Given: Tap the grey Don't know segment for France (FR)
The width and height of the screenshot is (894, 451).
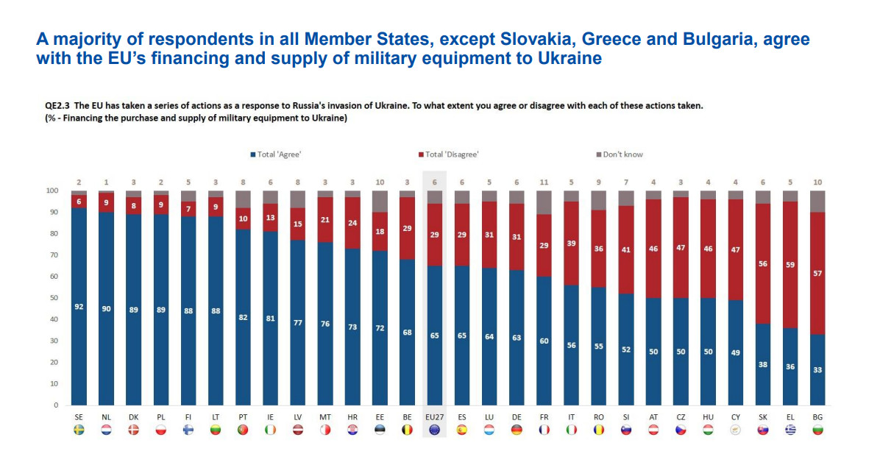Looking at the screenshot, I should pyautogui.click(x=544, y=202).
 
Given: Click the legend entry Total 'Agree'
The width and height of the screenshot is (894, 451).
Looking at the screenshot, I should pyautogui.click(x=276, y=155).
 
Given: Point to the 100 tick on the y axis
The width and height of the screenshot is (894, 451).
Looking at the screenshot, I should pyautogui.click(x=52, y=191).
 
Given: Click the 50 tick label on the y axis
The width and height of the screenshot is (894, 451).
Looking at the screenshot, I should pyautogui.click(x=53, y=298).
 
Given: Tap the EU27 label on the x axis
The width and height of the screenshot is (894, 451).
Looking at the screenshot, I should pyautogui.click(x=434, y=416).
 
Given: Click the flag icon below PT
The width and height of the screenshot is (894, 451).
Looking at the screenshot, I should pyautogui.click(x=243, y=430).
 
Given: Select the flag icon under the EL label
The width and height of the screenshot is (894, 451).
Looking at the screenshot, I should pyautogui.click(x=790, y=430).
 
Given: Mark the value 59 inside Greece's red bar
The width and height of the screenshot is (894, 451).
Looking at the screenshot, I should pyautogui.click(x=790, y=265).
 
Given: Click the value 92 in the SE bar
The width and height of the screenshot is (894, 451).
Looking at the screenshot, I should pyautogui.click(x=79, y=307).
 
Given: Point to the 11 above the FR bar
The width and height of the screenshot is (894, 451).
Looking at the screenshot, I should pyautogui.click(x=544, y=181).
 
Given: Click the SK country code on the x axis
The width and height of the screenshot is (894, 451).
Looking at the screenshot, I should pyautogui.click(x=763, y=416).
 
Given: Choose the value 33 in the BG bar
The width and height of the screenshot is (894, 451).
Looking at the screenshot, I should pyautogui.click(x=817, y=370).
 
